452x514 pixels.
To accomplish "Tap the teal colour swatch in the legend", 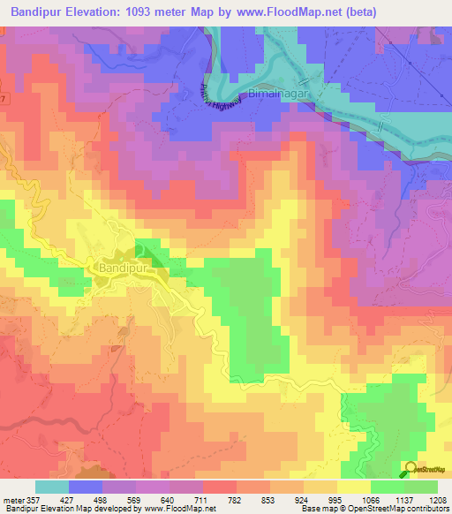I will (51, 487).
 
